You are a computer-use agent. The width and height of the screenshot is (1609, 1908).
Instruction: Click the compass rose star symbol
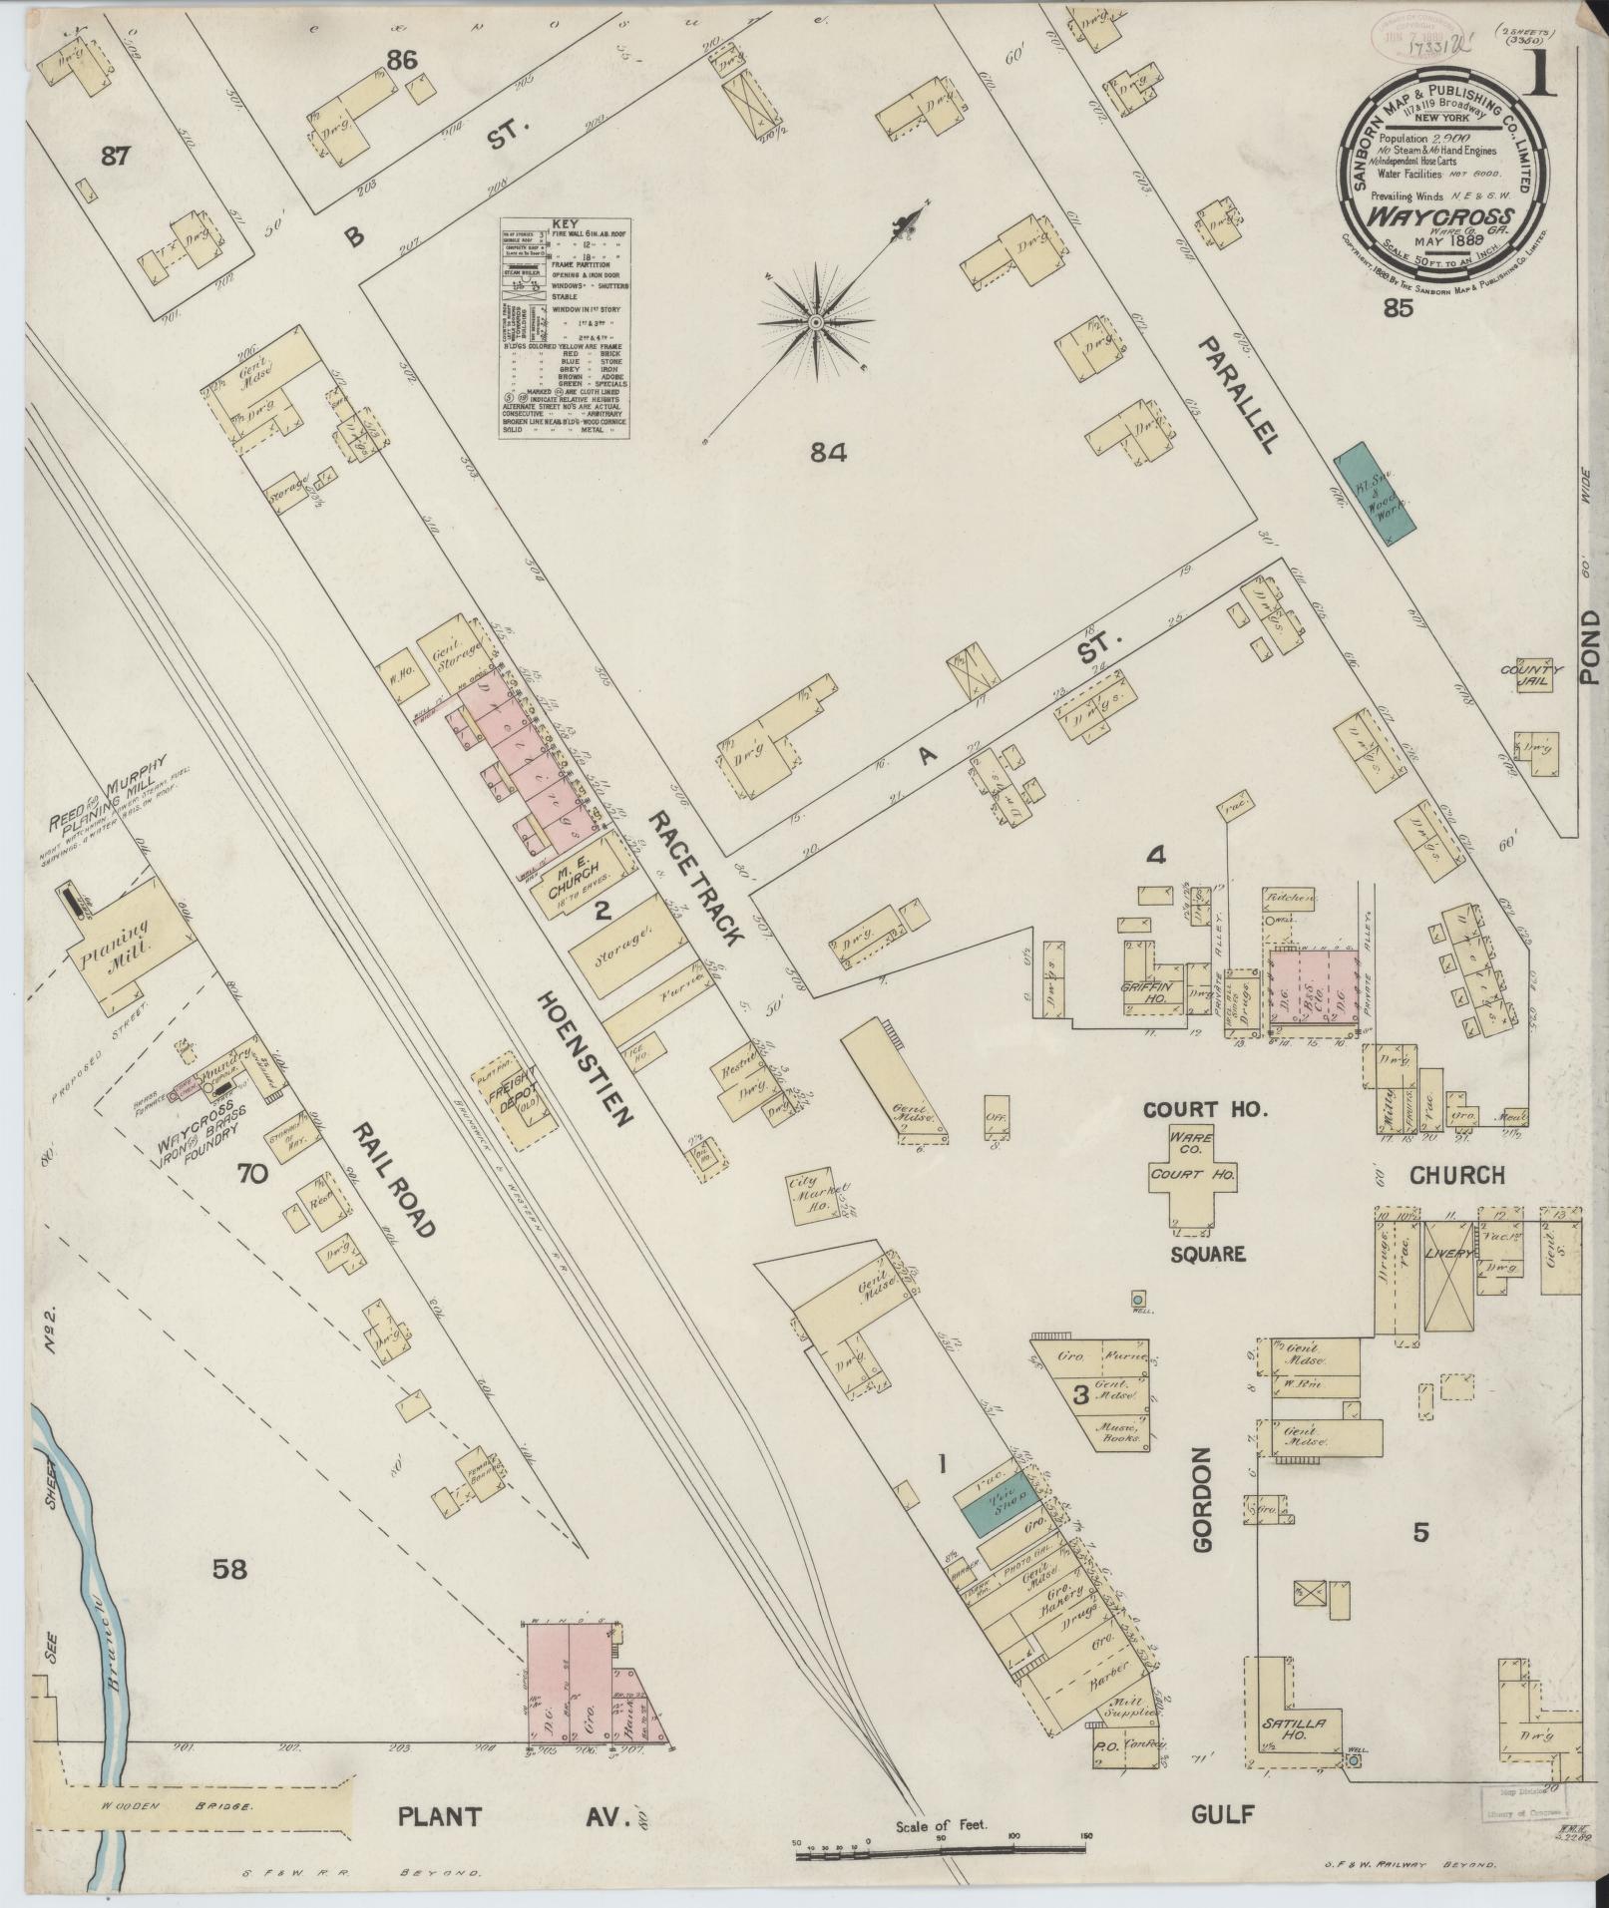tap(816, 322)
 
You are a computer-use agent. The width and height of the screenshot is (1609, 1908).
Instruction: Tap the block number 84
tap(828, 453)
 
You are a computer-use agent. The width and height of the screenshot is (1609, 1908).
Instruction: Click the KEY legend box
tap(564, 327)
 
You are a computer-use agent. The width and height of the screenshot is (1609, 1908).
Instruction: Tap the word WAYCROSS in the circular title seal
tap(1442, 215)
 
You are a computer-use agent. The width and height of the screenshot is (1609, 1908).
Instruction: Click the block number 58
tap(230, 1569)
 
